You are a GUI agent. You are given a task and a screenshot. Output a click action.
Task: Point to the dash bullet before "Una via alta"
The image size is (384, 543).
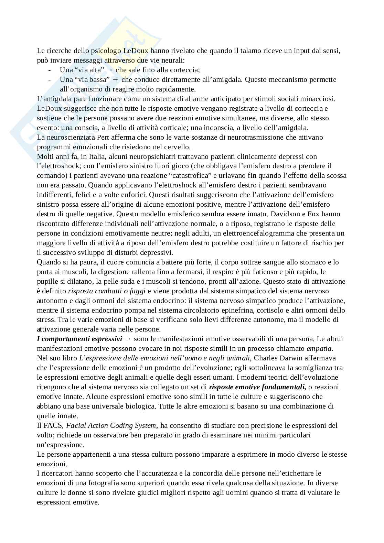51,70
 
